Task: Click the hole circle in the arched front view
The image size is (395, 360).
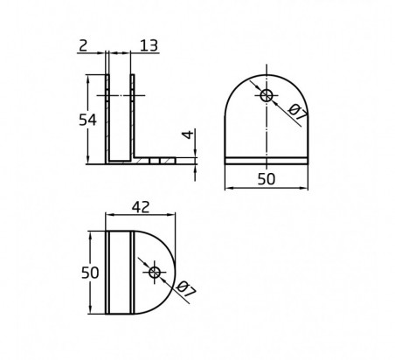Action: (x=267, y=94)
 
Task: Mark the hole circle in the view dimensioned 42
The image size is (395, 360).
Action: (x=155, y=273)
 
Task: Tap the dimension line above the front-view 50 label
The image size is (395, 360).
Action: (x=267, y=187)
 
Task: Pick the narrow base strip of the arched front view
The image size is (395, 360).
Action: (x=267, y=161)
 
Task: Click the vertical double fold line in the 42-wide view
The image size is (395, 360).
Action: (x=133, y=273)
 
